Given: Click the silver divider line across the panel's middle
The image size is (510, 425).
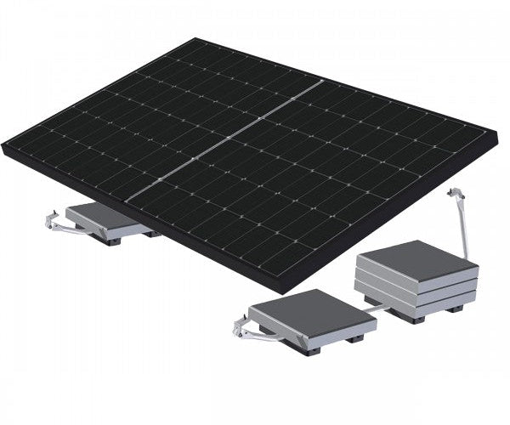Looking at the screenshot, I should pos(225,140).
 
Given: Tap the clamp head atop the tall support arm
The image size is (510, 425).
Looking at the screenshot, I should pos(454,195).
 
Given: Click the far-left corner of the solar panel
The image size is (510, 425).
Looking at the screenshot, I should pos(4,148).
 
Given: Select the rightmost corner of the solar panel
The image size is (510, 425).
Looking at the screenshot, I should pos(496,132).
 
